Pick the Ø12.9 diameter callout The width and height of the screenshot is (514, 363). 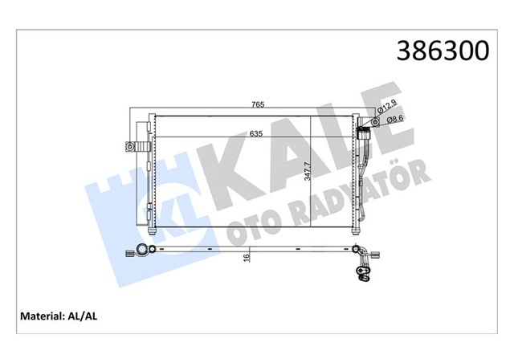pos(389,107)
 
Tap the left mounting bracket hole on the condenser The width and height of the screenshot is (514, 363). pos(128,146)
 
